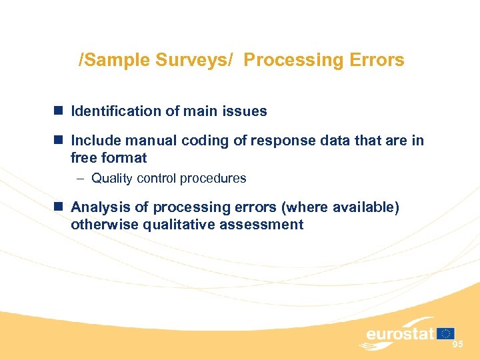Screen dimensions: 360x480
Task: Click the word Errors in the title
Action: pos(377,60)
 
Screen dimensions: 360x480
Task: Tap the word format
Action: pos(124,158)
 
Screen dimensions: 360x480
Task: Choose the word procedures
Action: pos(214,179)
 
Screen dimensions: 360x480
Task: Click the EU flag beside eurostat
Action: pos(447,333)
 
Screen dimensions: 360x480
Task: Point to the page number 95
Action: pos(458,344)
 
